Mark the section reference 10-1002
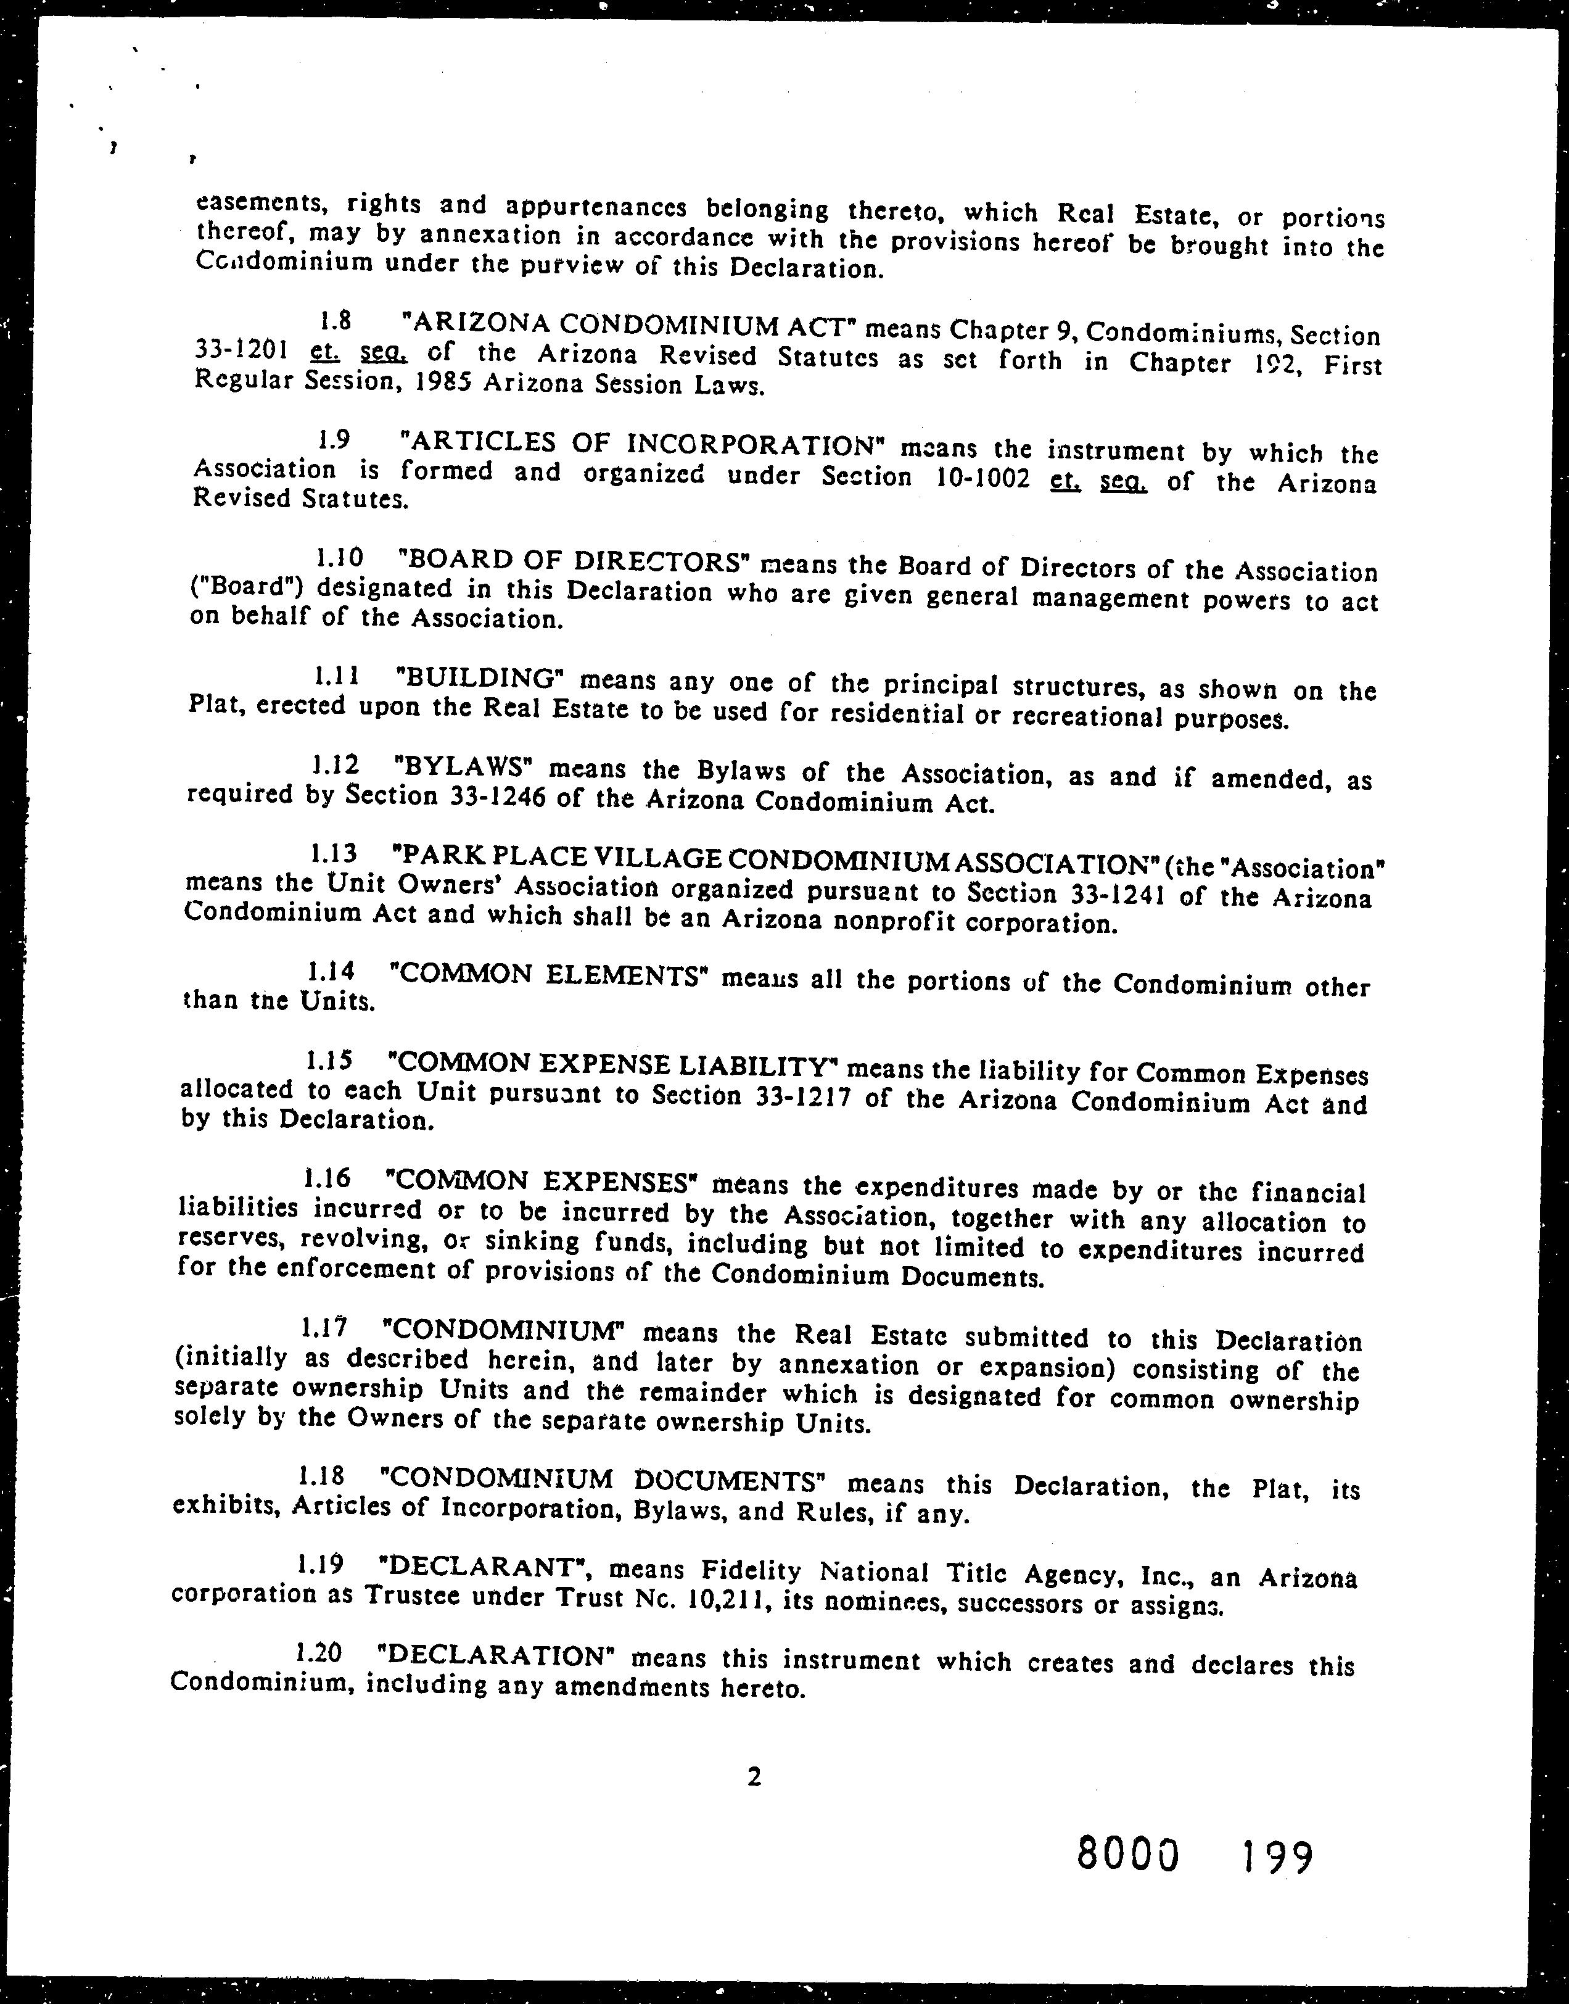978,479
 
